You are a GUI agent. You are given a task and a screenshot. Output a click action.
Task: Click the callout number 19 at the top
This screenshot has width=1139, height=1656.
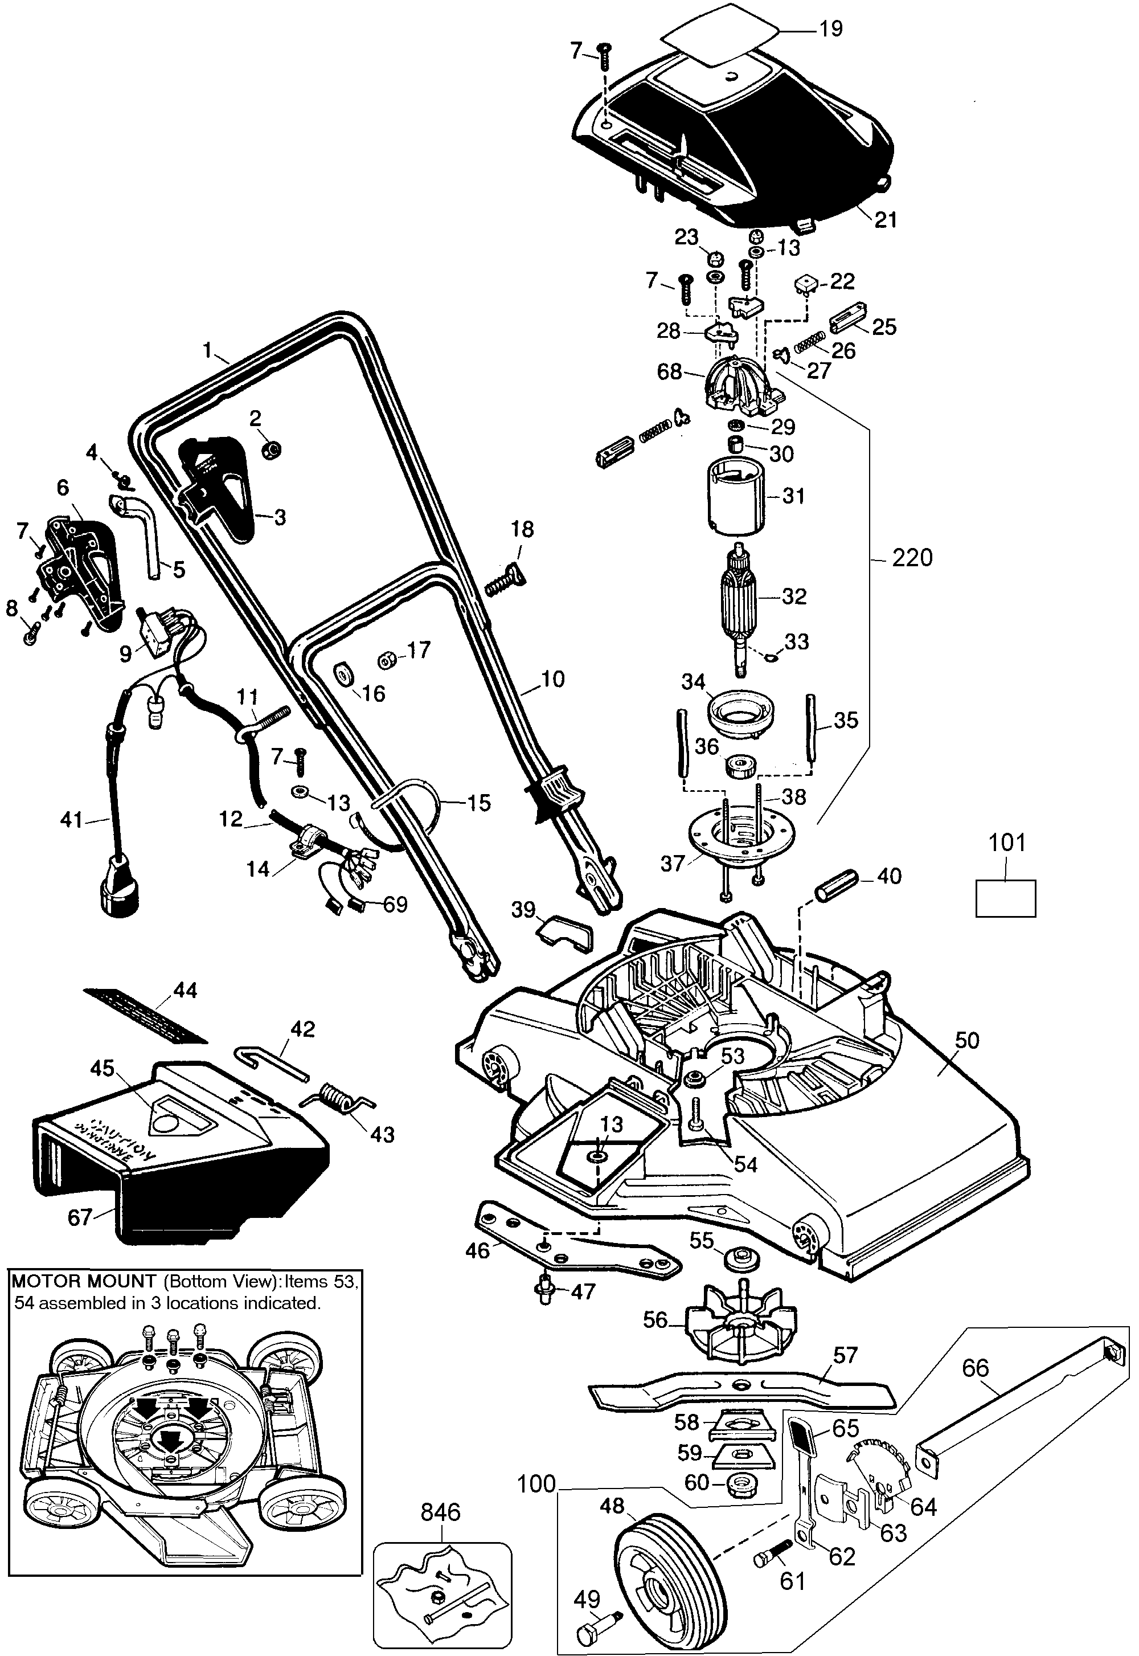[831, 29]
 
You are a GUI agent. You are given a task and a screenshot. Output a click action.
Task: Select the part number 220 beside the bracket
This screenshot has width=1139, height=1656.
[912, 558]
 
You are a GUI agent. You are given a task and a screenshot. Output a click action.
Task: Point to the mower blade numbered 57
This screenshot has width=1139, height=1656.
[742, 1391]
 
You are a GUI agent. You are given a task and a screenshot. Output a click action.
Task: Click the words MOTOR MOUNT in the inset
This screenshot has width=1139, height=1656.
[84, 1281]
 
